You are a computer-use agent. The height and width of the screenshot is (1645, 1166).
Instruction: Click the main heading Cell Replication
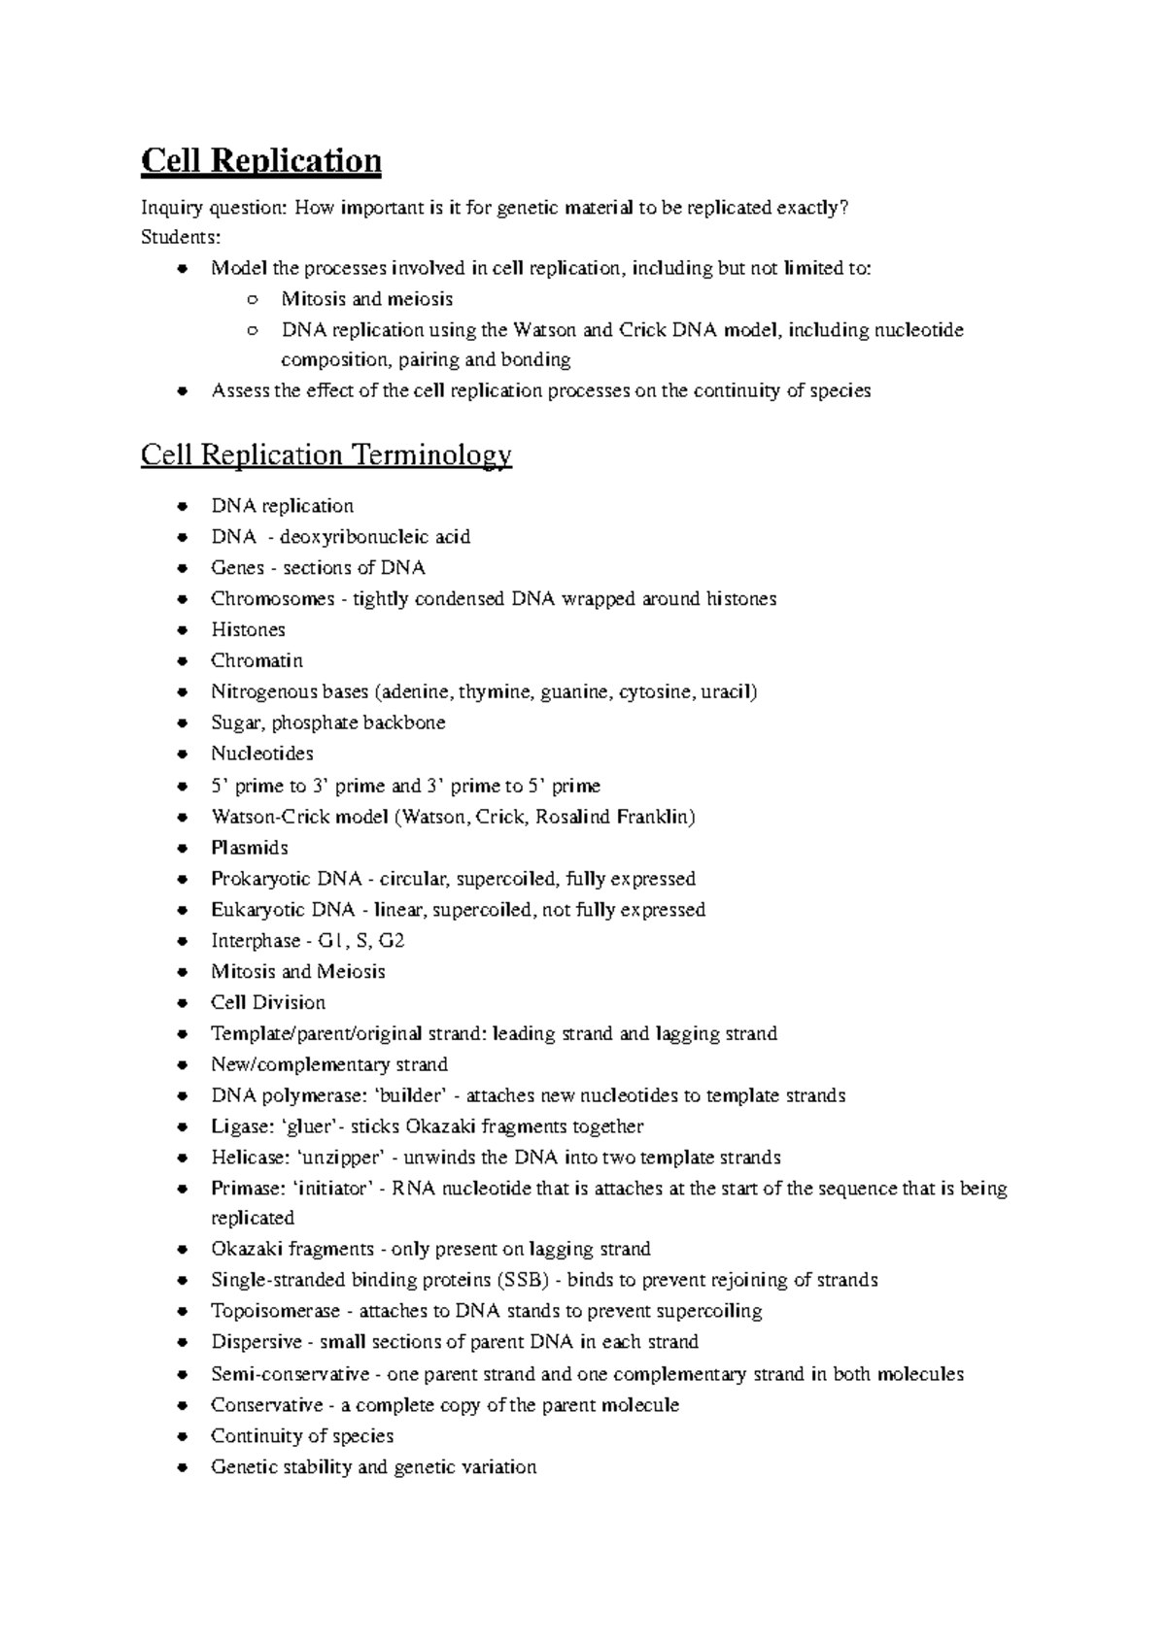click(260, 160)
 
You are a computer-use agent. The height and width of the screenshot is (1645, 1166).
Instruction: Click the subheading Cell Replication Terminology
click(326, 454)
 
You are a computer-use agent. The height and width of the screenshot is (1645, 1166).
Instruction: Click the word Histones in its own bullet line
click(248, 629)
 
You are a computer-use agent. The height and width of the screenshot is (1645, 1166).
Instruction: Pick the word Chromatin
click(257, 660)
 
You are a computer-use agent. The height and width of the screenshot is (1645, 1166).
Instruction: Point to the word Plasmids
click(249, 847)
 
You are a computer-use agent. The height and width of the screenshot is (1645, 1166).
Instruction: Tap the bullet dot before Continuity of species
click(182, 1436)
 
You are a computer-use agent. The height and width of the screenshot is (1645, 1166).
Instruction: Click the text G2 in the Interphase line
click(392, 940)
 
